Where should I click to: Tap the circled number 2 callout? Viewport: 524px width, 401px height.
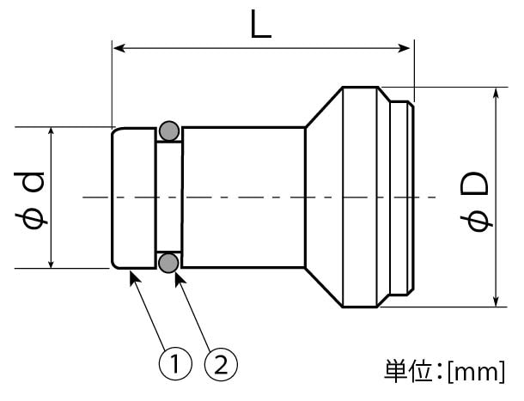(x=220, y=366)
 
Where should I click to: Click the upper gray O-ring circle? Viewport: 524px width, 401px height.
(x=169, y=131)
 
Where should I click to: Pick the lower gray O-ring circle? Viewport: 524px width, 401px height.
(x=169, y=261)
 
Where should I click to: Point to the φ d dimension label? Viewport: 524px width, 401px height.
(x=33, y=199)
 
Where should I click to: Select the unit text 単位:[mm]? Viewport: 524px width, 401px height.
(x=443, y=372)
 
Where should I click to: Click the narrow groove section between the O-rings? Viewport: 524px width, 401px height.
(x=169, y=197)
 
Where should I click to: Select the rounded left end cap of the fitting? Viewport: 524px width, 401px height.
(x=134, y=197)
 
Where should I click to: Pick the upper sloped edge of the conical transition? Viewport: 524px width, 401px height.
(x=323, y=106)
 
